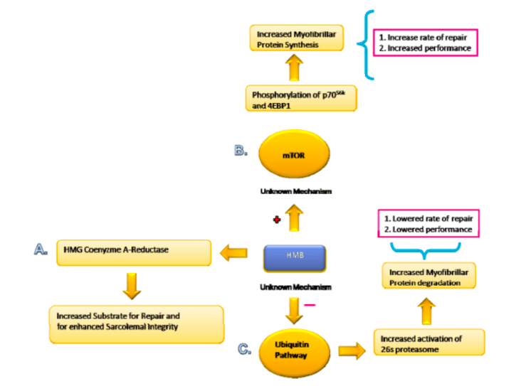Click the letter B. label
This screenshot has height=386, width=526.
239,150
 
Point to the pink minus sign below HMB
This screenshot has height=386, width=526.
309,305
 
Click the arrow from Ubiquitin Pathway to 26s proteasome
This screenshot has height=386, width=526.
351,349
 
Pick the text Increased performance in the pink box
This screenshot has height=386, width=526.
426,48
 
